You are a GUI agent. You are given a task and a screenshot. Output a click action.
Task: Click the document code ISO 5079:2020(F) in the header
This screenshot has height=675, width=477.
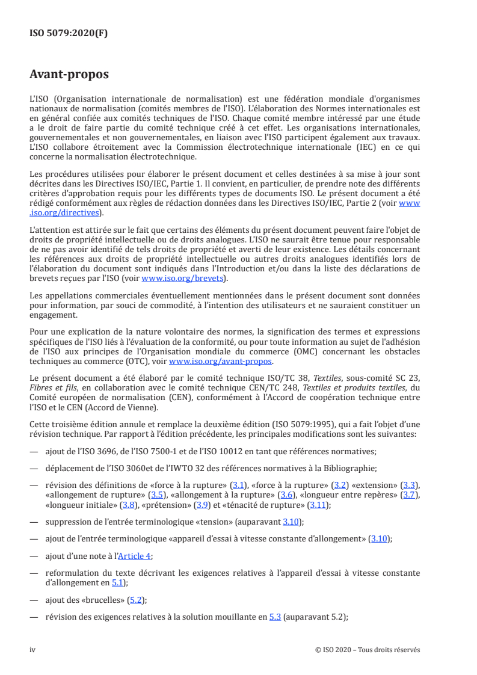[69, 34]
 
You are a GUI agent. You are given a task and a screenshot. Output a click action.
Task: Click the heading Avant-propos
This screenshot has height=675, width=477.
[69, 75]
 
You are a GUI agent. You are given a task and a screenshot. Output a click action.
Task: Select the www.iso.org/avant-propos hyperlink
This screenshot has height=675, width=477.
[221, 362]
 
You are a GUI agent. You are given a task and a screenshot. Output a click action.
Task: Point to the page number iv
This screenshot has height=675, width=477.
[32, 650]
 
